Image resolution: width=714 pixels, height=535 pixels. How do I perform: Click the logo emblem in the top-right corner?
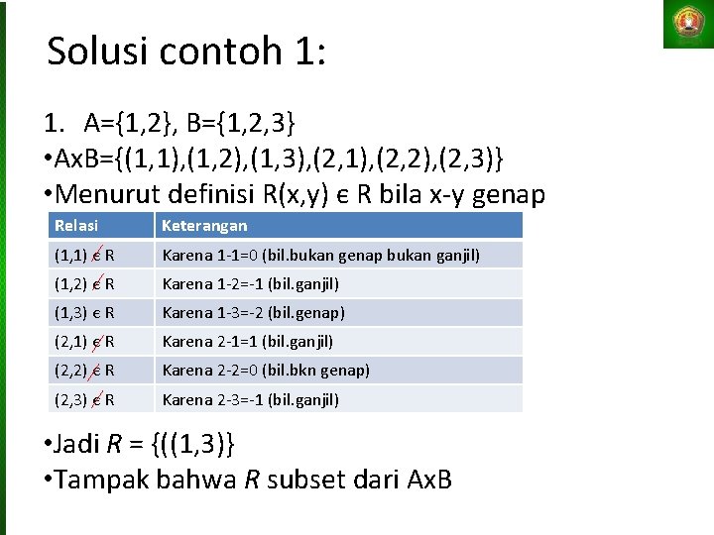(688, 24)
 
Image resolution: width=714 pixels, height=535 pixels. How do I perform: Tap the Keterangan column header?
(204, 226)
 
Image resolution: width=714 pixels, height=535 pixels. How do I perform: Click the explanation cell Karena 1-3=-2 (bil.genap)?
(253, 313)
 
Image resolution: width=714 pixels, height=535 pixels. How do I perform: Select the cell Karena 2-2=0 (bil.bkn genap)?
(266, 371)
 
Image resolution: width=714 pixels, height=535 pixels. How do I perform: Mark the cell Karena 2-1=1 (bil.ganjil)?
(247, 342)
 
